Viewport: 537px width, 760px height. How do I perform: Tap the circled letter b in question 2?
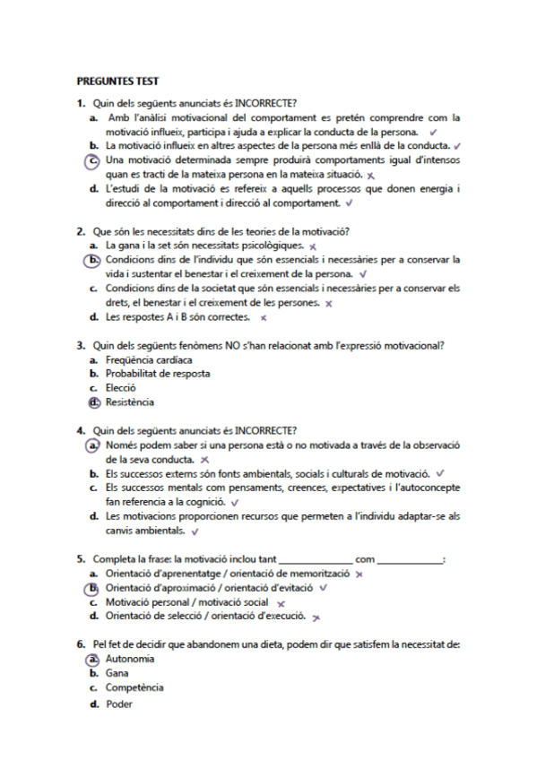click(x=93, y=260)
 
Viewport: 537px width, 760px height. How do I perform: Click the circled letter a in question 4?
click(x=93, y=445)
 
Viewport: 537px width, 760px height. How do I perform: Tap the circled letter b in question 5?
click(x=93, y=588)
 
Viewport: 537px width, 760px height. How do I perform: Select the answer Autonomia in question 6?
click(x=129, y=659)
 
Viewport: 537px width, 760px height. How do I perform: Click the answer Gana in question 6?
click(x=117, y=673)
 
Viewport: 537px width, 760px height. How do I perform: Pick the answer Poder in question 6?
click(x=118, y=704)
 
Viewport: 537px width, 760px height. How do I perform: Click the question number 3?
click(x=81, y=345)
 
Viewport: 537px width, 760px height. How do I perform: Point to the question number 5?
click(x=81, y=559)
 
